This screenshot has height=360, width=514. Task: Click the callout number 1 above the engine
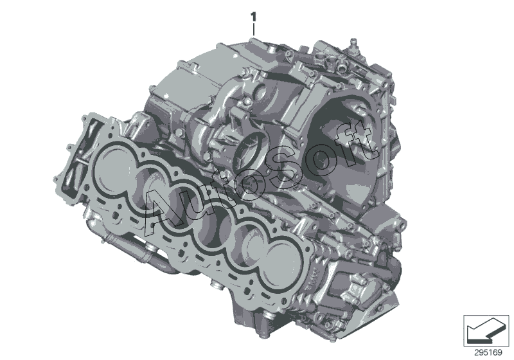click(253, 17)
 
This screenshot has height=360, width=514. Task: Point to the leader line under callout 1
click(253, 29)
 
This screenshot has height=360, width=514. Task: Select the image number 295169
click(488, 353)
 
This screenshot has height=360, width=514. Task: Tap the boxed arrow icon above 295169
click(486, 331)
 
